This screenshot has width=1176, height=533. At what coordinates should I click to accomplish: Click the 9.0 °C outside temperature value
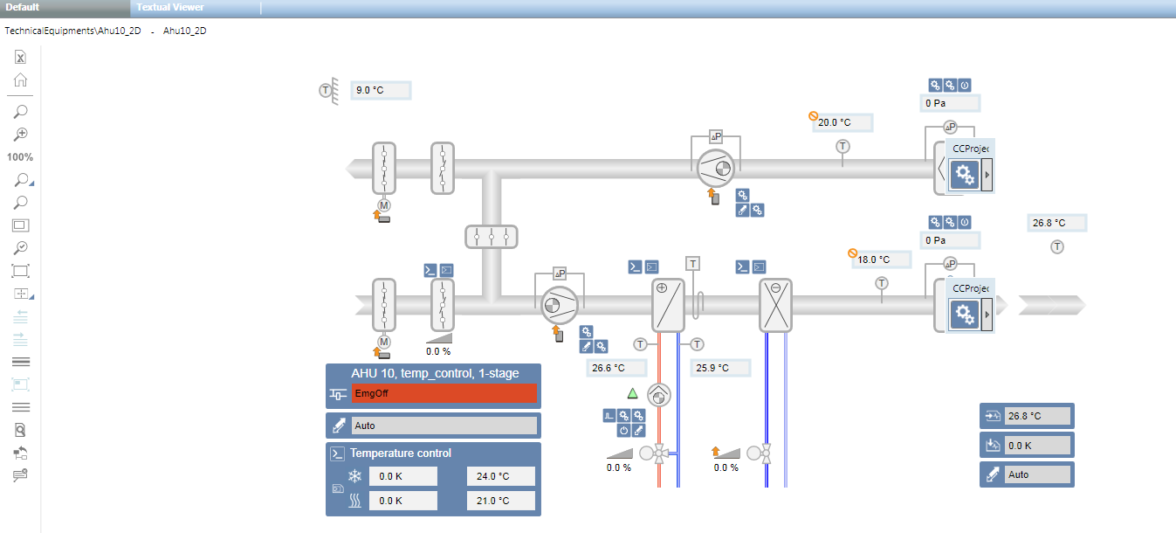(x=380, y=90)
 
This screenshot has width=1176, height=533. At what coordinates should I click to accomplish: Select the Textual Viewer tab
(x=170, y=8)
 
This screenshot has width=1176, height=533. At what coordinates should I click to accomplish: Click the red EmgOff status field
(x=444, y=394)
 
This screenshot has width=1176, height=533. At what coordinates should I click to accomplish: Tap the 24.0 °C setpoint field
(x=500, y=476)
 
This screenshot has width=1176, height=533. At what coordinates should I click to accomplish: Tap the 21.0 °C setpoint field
(x=500, y=501)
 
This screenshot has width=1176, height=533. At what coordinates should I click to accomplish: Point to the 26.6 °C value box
(x=617, y=368)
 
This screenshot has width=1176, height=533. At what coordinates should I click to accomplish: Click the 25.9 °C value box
(x=721, y=368)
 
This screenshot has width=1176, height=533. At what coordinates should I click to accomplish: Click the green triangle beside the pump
(x=633, y=393)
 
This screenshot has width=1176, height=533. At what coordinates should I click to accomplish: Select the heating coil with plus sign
(x=668, y=306)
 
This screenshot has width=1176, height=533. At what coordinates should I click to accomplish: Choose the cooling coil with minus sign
(x=775, y=306)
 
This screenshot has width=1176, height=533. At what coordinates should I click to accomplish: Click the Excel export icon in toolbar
(x=20, y=58)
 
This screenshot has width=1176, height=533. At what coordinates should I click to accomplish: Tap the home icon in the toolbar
(x=20, y=80)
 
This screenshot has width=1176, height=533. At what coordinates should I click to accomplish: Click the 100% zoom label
(x=20, y=157)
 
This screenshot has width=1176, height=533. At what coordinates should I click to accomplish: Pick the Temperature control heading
(x=401, y=453)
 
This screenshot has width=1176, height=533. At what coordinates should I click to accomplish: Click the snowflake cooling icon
(x=355, y=476)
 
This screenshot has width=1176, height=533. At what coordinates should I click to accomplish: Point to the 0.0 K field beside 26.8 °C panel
(x=1037, y=445)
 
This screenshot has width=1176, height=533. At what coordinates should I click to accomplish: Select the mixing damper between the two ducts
(x=492, y=237)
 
